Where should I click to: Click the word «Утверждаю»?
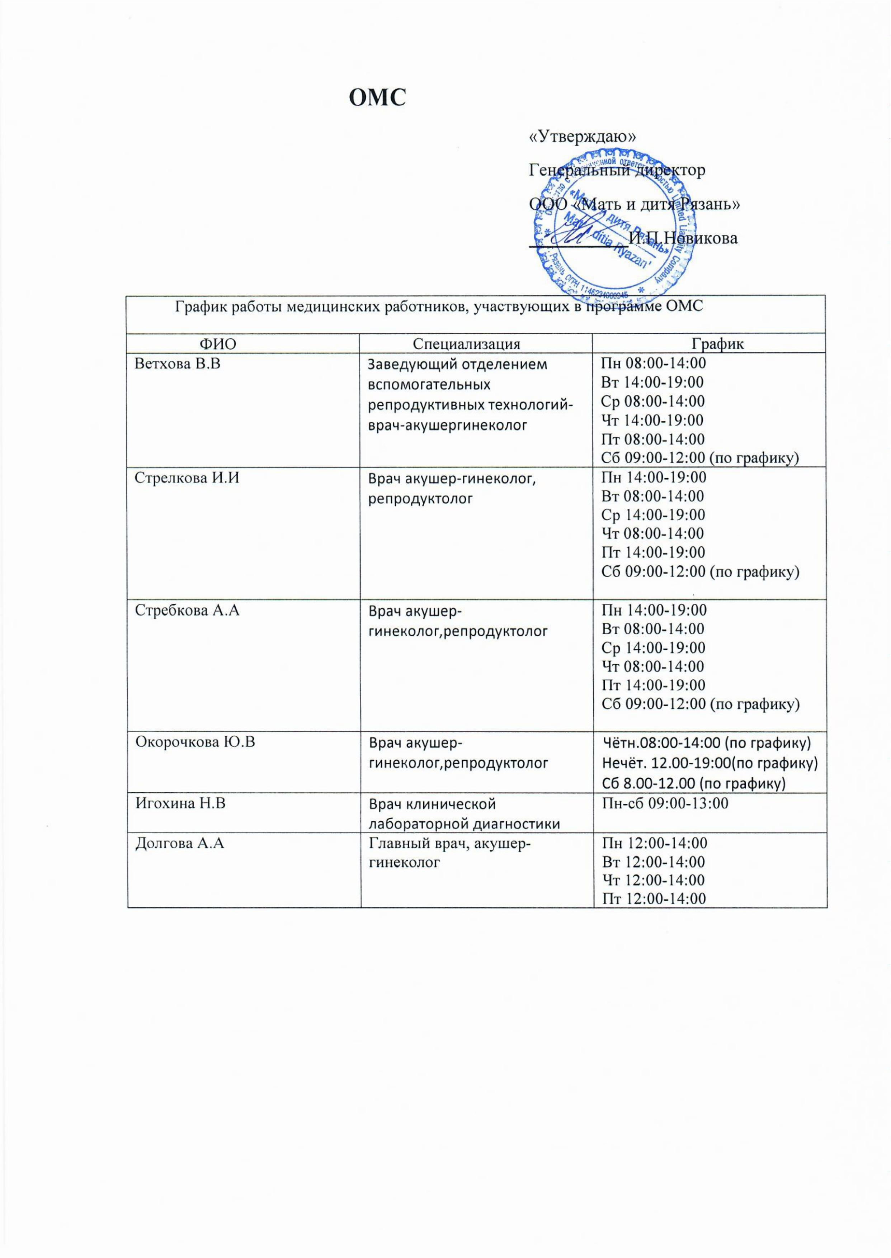pyautogui.click(x=582, y=137)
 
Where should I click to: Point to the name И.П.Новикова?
pyautogui.click(x=683, y=238)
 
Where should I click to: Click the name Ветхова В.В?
pyautogui.click(x=178, y=363)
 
